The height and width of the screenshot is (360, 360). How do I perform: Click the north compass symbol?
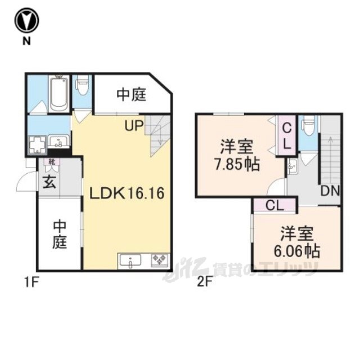(26, 20)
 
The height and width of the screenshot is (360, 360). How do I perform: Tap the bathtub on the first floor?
(58, 94)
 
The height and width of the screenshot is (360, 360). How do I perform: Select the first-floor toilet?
(82, 85)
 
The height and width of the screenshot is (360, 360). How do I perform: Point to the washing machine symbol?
(37, 145)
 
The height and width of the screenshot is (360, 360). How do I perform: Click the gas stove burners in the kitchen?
(160, 260)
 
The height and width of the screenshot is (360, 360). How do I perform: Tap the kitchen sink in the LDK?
(130, 261)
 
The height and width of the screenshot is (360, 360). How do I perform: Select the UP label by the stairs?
(134, 126)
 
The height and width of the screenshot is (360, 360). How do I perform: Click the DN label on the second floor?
(330, 191)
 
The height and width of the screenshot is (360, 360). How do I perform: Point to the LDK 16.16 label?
(127, 193)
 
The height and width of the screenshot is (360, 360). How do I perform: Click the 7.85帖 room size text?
(237, 164)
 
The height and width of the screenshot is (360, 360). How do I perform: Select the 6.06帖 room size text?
(297, 251)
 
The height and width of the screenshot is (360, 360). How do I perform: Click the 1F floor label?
(31, 282)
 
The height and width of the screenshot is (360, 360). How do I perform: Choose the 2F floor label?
(204, 282)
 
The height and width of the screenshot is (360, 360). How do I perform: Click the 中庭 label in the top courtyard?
(131, 94)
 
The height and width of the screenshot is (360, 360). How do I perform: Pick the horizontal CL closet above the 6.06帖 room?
(275, 205)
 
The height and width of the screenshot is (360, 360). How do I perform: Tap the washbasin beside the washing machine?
(58, 141)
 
